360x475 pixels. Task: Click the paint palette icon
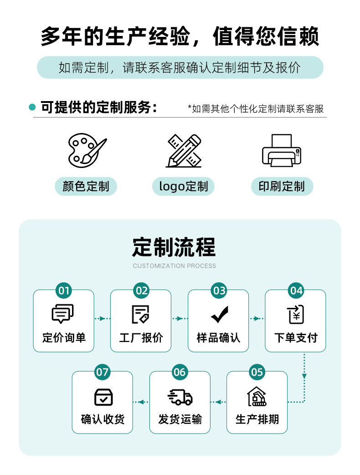coord(87,149)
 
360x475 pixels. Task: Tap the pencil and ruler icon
coord(183,150)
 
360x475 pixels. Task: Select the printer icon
coord(282,150)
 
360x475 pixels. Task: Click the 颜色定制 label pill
coord(86,186)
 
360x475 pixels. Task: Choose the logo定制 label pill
coord(183,186)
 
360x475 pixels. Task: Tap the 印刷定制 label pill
coord(282,186)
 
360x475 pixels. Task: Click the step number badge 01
coord(64,291)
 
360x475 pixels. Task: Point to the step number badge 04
coord(296,291)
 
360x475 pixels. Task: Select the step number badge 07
coord(103,372)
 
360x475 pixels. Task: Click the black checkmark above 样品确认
coord(219,314)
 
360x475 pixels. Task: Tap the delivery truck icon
coord(180,397)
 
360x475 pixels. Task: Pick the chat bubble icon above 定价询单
coord(63,314)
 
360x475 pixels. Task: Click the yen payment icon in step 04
coord(296,314)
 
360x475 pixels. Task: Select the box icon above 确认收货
coord(103,397)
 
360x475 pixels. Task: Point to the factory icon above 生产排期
coord(257,397)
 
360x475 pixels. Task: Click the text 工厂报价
coord(141,338)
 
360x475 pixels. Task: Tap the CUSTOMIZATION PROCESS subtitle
coord(175,266)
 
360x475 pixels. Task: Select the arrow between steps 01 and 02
coord(102,318)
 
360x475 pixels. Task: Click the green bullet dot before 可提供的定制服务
coord(32,107)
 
